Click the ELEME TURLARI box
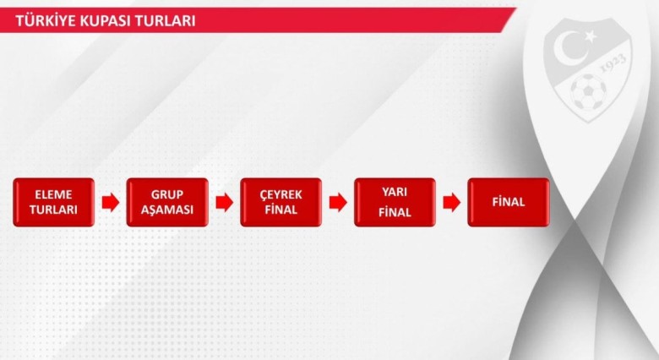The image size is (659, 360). [x=54, y=202]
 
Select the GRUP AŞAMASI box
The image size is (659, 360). [x=167, y=202]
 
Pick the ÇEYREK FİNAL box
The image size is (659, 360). [x=280, y=202]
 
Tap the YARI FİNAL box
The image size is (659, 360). [x=395, y=202]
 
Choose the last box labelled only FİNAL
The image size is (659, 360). [x=509, y=202]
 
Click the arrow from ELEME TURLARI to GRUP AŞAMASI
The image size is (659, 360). [x=111, y=202]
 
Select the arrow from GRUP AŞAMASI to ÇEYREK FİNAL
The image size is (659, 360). [x=225, y=202]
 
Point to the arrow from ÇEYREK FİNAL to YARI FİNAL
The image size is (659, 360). [x=338, y=202]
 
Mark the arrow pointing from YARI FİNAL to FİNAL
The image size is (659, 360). [x=452, y=202]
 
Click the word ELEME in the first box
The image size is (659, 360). [x=53, y=194]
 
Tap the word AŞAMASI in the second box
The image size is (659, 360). [x=167, y=210]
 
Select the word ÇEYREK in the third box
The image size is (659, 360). [x=280, y=194]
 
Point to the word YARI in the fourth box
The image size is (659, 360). [x=395, y=192]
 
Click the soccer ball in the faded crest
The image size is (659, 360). [x=588, y=91]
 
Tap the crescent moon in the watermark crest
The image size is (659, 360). [x=569, y=46]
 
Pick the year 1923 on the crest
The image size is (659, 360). [x=613, y=63]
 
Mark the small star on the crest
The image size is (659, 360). [x=590, y=36]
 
